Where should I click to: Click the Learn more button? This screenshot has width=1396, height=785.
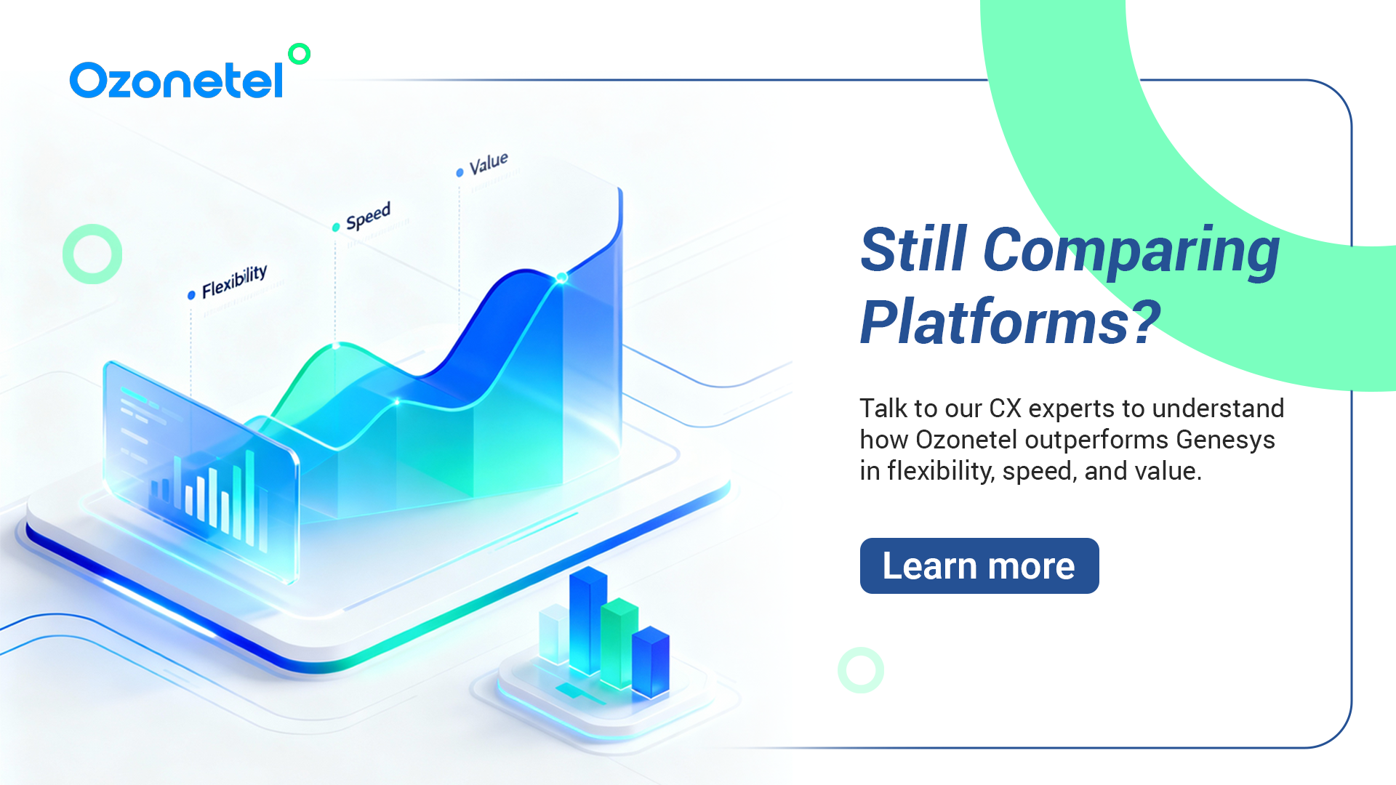click(979, 565)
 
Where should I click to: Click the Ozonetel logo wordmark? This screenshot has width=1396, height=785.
click(176, 80)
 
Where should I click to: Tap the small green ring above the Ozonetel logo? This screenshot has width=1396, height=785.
click(299, 54)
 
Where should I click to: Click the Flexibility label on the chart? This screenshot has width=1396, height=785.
click(234, 281)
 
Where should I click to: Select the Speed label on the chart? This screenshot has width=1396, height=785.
click(368, 216)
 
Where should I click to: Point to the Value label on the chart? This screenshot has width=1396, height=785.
click(489, 164)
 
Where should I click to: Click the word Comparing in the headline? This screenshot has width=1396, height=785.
click(1131, 251)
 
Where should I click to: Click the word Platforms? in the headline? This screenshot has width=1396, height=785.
click(1011, 321)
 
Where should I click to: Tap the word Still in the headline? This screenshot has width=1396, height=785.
click(914, 249)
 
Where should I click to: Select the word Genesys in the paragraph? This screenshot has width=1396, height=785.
click(1226, 440)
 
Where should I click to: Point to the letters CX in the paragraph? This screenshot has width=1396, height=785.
click(1006, 408)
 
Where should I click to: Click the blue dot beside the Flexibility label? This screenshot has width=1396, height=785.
click(191, 295)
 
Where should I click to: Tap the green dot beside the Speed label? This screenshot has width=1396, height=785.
click(336, 228)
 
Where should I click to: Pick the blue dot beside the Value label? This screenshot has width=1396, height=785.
click(460, 172)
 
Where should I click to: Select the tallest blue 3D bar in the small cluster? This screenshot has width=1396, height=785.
click(588, 621)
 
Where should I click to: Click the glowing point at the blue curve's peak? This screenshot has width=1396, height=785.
click(561, 278)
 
